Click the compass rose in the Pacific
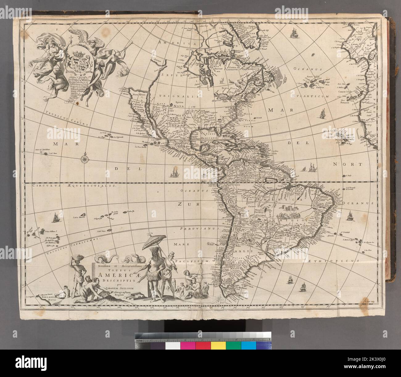coord(85,159)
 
